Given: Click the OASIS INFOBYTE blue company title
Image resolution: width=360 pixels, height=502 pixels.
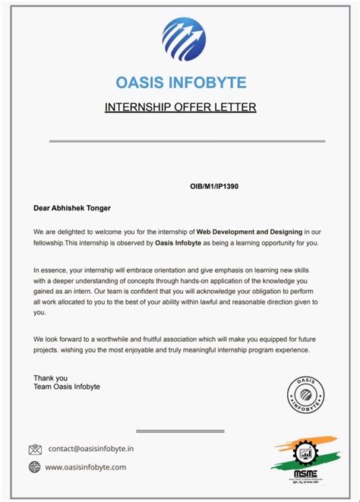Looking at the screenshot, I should [x=181, y=83].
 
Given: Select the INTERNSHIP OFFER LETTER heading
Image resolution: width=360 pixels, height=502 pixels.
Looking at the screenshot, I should [x=180, y=107].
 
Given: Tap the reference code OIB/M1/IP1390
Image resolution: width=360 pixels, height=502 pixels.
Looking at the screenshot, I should [x=215, y=186].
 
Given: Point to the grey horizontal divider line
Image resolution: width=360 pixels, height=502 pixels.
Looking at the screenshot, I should [x=187, y=141].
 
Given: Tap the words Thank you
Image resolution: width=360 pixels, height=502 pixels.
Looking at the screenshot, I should [x=50, y=377].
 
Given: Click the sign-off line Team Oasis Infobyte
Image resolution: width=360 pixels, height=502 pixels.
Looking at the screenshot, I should [x=67, y=387].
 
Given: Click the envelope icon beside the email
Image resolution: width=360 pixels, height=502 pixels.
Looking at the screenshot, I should [x=34, y=450].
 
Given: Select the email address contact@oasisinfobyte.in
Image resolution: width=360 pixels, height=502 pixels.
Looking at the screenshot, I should [x=90, y=449].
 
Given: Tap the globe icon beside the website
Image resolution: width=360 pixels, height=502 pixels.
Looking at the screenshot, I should [x=34, y=467].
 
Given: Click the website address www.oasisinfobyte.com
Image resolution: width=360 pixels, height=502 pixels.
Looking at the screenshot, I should [x=86, y=467].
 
